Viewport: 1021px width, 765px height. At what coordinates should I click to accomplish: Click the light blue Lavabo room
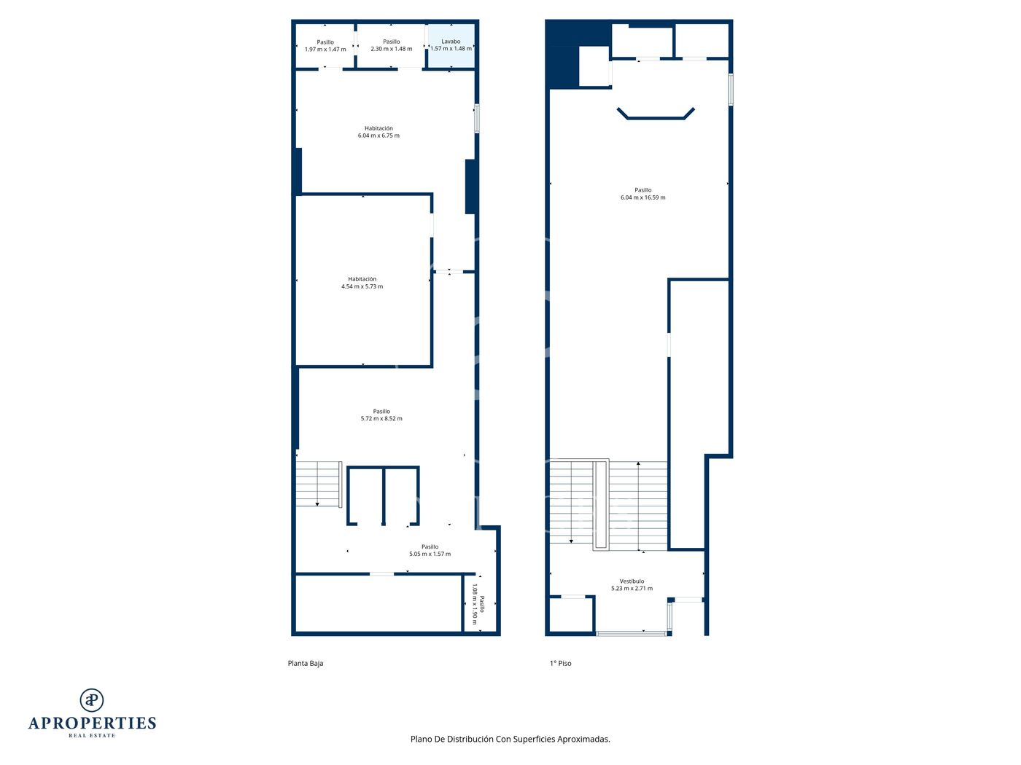click(x=451, y=45)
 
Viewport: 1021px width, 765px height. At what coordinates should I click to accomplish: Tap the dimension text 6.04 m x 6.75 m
click(x=378, y=136)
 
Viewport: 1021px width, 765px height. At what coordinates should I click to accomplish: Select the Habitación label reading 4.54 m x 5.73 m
click(x=362, y=283)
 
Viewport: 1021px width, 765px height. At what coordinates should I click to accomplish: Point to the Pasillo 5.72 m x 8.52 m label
click(x=381, y=415)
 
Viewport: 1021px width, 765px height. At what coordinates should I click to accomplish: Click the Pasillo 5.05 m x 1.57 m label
click(x=430, y=550)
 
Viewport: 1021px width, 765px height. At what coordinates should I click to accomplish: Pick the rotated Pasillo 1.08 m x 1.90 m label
click(x=478, y=604)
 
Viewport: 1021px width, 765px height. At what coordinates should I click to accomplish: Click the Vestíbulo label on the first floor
click(x=632, y=585)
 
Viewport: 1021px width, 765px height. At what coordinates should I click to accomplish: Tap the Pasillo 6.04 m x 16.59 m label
click(x=643, y=194)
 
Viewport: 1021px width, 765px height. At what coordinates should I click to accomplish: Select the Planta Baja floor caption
click(x=305, y=663)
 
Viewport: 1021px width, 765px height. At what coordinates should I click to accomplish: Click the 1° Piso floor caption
click(x=561, y=663)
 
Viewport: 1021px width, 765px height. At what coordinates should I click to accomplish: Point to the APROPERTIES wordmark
click(x=92, y=723)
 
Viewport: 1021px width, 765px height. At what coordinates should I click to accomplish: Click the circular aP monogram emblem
click(x=92, y=700)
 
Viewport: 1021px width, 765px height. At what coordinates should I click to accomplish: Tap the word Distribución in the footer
click(x=470, y=739)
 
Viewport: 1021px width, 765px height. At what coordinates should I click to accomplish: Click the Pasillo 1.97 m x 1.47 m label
click(x=325, y=45)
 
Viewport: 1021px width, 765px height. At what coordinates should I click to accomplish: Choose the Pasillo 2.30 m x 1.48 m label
click(x=391, y=45)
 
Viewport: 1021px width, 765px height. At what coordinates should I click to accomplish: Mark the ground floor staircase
click(x=319, y=484)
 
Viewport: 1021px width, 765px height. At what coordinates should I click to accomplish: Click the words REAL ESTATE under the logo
click(x=92, y=736)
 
